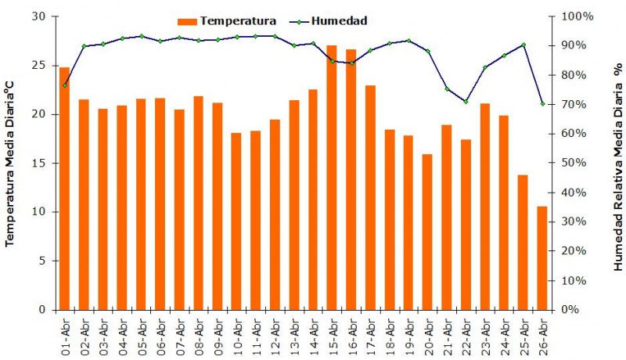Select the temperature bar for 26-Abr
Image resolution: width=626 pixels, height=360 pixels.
(541, 257)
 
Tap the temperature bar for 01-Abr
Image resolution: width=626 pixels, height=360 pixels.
(64, 189)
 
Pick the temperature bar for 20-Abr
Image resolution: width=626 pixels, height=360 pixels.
(427, 232)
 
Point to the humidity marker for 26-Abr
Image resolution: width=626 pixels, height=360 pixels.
(542, 103)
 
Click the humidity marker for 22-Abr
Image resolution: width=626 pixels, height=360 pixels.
(466, 102)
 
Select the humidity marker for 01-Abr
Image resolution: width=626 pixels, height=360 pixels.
(64, 85)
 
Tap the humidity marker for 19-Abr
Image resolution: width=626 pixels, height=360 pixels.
(408, 41)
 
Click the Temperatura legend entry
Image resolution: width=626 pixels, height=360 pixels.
(227, 20)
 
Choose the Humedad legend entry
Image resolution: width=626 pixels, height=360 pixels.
(329, 20)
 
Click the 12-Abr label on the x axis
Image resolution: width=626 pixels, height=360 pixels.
(275, 334)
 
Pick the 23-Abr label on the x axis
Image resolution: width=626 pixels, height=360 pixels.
(485, 334)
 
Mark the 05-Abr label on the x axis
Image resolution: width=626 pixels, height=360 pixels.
(141, 334)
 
